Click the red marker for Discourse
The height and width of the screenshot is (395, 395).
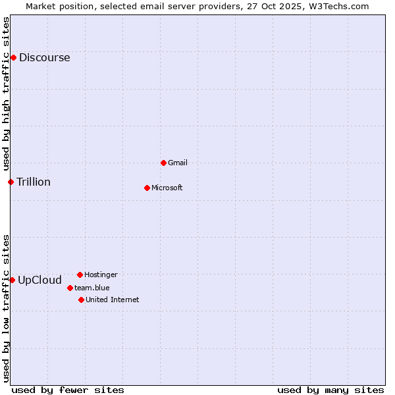pos(13,57)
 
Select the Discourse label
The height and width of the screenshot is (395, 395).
pos(44,57)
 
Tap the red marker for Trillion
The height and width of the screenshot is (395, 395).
pos(11,182)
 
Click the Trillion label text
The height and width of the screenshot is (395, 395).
pos(34,182)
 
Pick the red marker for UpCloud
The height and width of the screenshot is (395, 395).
pos(12,280)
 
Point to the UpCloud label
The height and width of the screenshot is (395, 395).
pos(39,280)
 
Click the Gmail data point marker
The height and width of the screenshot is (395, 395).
pos(163,163)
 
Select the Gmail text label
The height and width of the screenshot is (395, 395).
pos(178,163)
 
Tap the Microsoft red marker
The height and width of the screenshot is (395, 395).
pos(147,188)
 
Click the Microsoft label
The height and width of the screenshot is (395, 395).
pos(167,188)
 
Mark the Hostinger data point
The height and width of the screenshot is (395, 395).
pos(80,275)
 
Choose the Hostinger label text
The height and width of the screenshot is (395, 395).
pos(101,275)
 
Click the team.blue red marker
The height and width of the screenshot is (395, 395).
pos(70,288)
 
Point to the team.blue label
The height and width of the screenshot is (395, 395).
pos(92,288)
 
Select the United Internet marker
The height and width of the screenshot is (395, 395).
pos(81,300)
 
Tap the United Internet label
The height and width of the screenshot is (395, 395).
pos(113,300)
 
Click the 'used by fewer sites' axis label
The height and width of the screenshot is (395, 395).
pos(68,390)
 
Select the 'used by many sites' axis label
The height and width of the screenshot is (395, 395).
pos(330,390)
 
